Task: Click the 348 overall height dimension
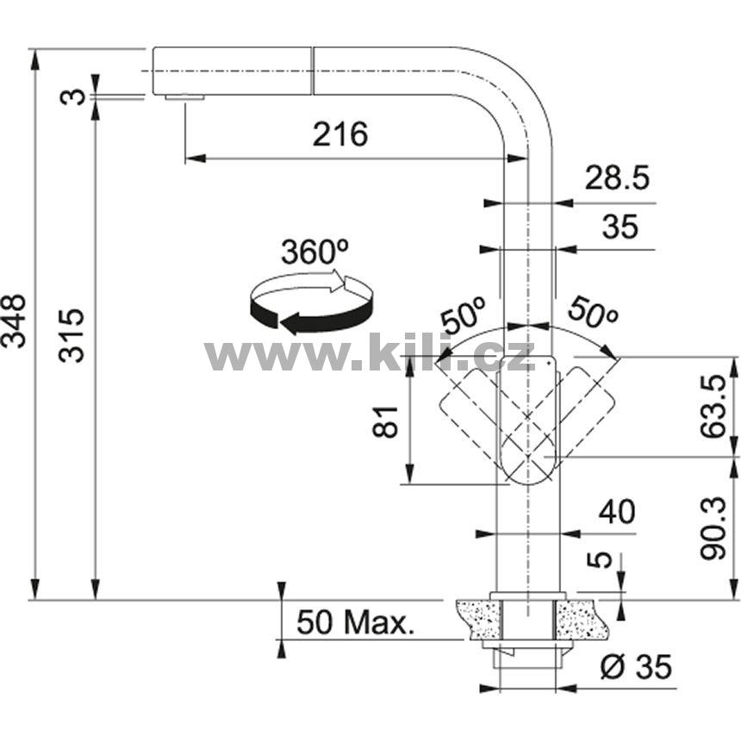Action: (15, 321)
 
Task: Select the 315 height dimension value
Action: (72, 335)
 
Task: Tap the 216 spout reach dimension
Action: (339, 134)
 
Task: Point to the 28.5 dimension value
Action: (617, 178)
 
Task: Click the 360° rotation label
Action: (314, 252)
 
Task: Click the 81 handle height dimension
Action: (386, 421)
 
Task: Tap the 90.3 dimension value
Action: (713, 528)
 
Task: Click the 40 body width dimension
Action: (617, 512)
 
